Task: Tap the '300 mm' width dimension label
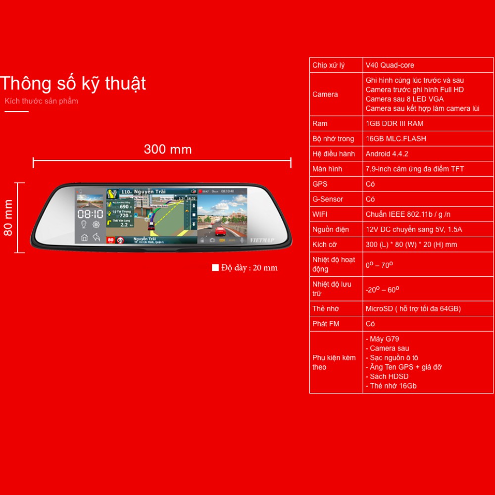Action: point(167,149)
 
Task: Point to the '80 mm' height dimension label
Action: point(8,218)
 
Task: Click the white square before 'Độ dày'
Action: point(215,268)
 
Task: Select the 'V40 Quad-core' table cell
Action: point(390,65)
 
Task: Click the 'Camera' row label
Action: point(325,95)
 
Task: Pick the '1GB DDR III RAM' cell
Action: point(394,124)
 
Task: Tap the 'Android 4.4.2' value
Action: point(387,154)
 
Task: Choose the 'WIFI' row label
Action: point(320,214)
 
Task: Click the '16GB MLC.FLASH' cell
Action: point(396,139)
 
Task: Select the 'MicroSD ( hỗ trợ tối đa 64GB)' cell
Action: point(413,309)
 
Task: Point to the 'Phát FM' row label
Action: point(326,324)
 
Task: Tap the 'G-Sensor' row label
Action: point(328,199)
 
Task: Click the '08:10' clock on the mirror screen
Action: point(90,214)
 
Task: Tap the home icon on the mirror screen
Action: point(84,238)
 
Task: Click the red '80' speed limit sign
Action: point(110,240)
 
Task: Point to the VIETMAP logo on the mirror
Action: point(262,240)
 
